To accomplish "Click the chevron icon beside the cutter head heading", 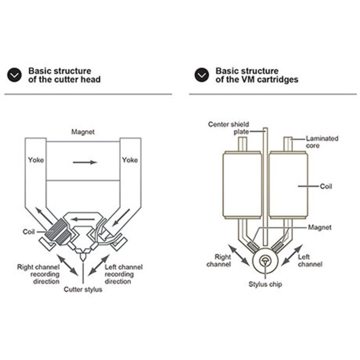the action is point(14,75).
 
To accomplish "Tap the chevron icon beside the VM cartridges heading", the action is point(202,75).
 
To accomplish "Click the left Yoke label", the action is point(36,160).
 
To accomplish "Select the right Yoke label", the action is point(130,160).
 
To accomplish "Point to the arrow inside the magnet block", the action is point(85,162).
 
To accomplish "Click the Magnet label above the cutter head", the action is point(83,132).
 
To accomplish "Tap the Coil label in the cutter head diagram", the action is point(29,232).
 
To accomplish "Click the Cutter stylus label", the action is point(83,289).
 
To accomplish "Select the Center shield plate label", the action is point(228,128).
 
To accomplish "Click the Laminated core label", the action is point(322,142).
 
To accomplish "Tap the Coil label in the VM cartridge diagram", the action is point(326,186).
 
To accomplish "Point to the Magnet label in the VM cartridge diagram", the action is point(320,227).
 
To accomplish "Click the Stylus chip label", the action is point(265,284).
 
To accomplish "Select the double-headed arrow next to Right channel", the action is point(238,255).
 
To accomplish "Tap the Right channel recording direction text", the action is point(38,274).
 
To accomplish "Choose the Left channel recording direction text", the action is point(124,274).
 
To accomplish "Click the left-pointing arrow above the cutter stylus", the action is point(83,219).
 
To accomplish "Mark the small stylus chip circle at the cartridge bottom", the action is point(265,261).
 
